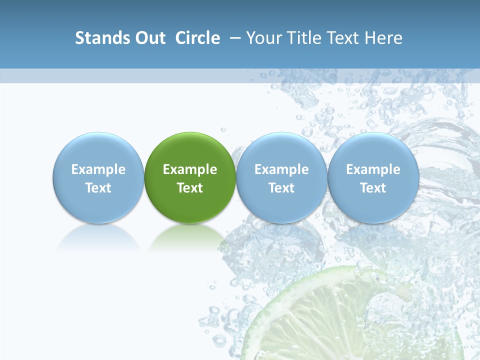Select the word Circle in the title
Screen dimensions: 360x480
(x=197, y=38)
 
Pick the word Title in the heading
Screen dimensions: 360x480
(x=303, y=38)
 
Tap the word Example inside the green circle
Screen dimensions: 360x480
(x=190, y=169)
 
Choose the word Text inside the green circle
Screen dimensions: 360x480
(x=190, y=188)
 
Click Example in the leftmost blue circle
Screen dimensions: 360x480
(x=98, y=169)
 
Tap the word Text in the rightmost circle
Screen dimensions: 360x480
(x=373, y=188)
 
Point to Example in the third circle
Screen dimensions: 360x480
(x=281, y=169)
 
